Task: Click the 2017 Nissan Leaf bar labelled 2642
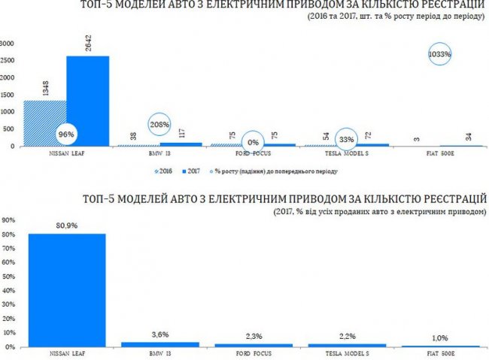[x=87, y=101]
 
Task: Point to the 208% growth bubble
[x=159, y=125]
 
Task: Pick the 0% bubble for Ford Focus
[x=254, y=141]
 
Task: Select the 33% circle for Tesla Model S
[x=346, y=139]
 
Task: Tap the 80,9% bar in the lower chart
[x=67, y=290]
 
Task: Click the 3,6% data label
[x=160, y=334]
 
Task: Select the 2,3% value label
[x=254, y=336]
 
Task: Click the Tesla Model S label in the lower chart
[x=346, y=354]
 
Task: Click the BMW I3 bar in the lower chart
[x=160, y=344]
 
